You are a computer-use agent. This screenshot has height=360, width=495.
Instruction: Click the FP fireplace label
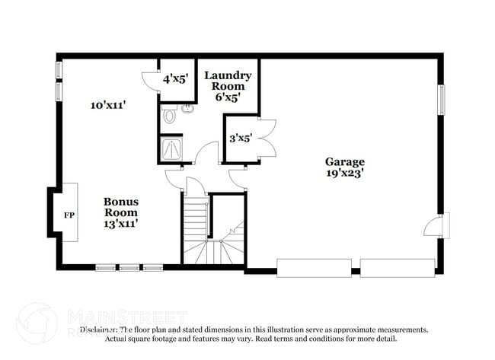point(68,215)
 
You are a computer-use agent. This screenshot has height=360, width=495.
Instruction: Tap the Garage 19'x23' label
point(345,167)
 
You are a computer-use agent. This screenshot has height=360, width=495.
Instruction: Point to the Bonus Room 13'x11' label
point(120,212)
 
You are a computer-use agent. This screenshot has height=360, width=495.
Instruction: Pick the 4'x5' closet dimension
point(176,78)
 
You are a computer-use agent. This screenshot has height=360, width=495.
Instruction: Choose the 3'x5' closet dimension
point(241,138)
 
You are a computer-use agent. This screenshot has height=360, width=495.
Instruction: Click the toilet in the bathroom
point(169,117)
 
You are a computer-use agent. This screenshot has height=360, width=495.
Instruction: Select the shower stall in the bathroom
point(172,149)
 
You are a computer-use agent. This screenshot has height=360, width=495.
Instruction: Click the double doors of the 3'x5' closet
point(265,138)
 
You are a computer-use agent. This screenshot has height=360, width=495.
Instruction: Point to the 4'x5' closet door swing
point(150,82)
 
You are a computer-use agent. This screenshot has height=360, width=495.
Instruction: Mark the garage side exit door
point(437,225)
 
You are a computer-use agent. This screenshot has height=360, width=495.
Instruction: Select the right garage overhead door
point(397,267)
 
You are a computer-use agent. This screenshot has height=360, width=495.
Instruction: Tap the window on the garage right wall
point(441,99)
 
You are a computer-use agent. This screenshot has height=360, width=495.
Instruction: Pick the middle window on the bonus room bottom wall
point(129,267)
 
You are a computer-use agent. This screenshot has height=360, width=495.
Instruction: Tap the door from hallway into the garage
point(238,180)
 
